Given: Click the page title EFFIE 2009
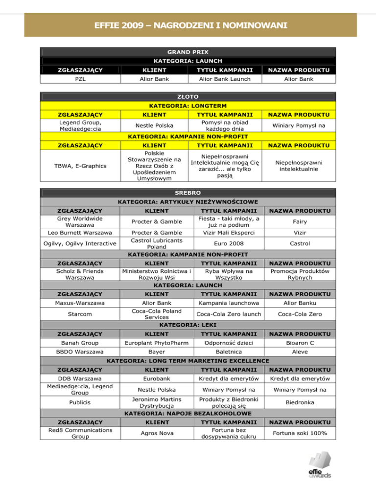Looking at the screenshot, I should click(x=188, y=24).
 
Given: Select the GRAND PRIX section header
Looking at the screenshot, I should click(x=188, y=51).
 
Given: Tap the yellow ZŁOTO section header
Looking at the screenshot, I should click(x=188, y=97).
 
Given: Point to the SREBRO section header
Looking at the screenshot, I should click(x=188, y=192).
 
